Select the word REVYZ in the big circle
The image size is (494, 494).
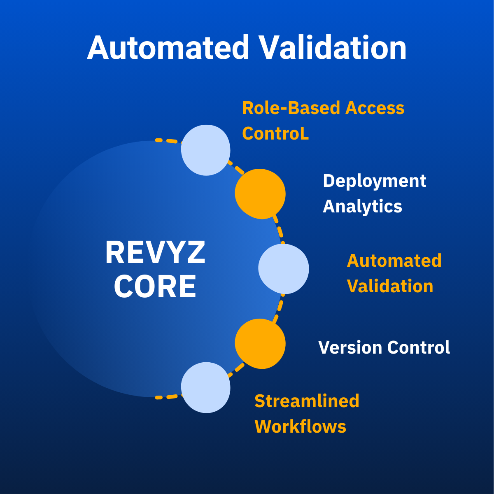tap(155, 253)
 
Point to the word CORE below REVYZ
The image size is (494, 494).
tap(155, 287)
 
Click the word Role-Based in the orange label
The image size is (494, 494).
tap(291, 108)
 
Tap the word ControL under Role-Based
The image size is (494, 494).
tap(275, 133)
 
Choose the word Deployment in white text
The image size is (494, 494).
tap(374, 181)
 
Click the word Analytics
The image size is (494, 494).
tap(362, 206)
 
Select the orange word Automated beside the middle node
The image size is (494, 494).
tap(394, 261)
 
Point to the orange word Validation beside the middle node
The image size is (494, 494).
tap(390, 286)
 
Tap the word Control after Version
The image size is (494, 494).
tap(418, 347)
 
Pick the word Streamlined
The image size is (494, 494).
tap(307, 401)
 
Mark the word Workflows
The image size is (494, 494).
tap(300, 426)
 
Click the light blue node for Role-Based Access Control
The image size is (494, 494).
tap(206, 150)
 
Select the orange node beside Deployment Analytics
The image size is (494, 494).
tap(260, 193)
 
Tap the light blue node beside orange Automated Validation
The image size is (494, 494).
tap(283, 268)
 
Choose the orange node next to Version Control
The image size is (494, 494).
tap(260, 343)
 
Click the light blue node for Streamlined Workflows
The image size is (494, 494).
tap(206, 387)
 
